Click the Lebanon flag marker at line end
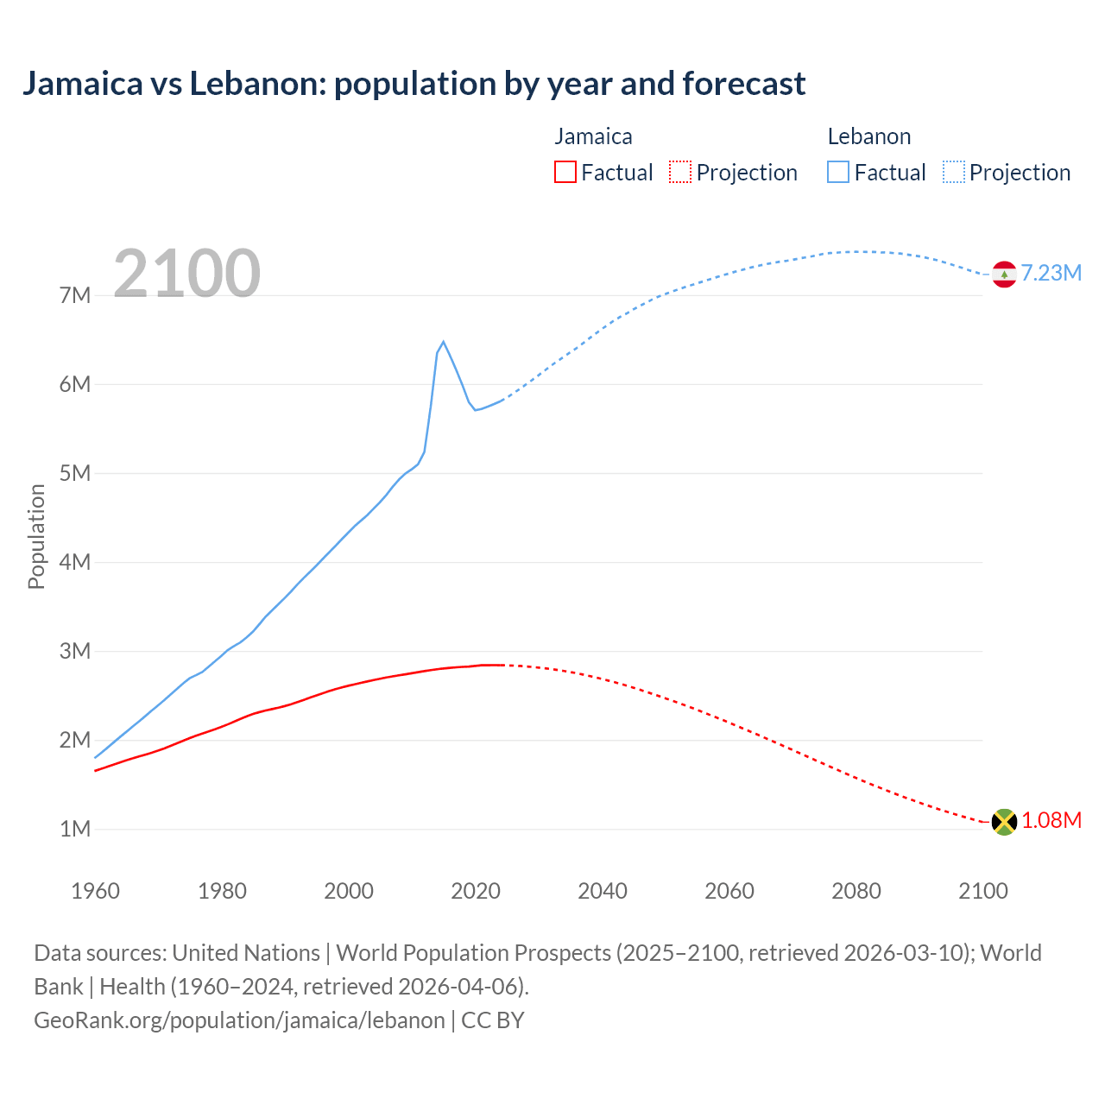pyautogui.click(x=1004, y=274)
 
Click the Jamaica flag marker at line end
pyautogui.click(x=1004, y=821)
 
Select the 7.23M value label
pyautogui.click(x=1051, y=274)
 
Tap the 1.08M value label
pyautogui.click(x=1051, y=821)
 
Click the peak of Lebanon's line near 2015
pyautogui.click(x=444, y=342)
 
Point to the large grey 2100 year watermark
pyautogui.click(x=186, y=274)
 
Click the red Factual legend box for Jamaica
pyautogui.click(x=565, y=173)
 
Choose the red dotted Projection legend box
pyautogui.click(x=680, y=173)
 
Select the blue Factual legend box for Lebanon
pyautogui.click(x=838, y=173)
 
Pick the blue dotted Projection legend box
pyautogui.click(x=954, y=173)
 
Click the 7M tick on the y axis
pyautogui.click(x=75, y=296)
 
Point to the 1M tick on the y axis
pyautogui.click(x=75, y=830)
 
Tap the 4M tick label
pyautogui.click(x=75, y=563)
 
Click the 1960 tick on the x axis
pyautogui.click(x=95, y=891)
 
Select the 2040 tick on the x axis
pyautogui.click(x=603, y=891)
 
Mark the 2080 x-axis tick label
pyautogui.click(x=856, y=891)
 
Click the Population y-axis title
pyautogui.click(x=36, y=536)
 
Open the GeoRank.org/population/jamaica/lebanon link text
pyautogui.click(x=239, y=1020)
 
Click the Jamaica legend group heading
pyautogui.click(x=593, y=136)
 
